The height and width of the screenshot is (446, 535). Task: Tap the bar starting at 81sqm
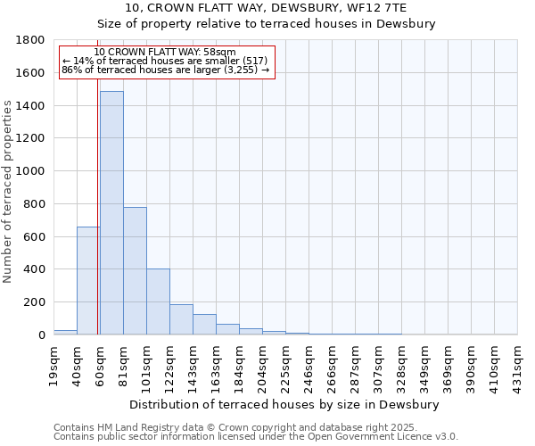point(135,270)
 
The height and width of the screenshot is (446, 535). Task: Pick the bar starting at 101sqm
point(158,301)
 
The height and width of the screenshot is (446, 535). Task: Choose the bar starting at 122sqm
point(181,319)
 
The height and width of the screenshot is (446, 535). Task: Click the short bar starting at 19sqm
point(65,332)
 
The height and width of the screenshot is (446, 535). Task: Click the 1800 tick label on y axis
point(31,40)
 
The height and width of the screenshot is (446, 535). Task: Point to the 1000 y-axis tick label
point(31,171)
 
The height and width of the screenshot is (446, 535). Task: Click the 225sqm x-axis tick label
point(286,364)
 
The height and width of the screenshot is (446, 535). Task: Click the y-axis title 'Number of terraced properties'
point(9,191)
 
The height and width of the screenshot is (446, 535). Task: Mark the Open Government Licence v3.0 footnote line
point(256,436)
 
